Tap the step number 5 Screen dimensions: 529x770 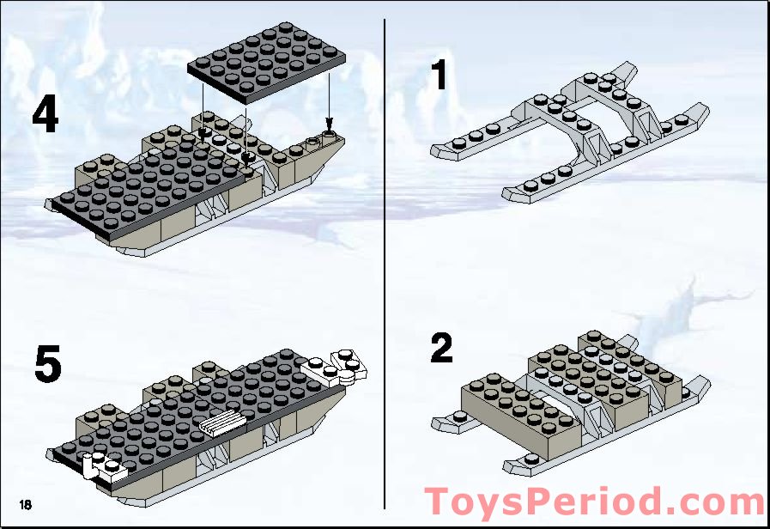click(x=47, y=364)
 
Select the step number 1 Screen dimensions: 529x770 click(x=440, y=75)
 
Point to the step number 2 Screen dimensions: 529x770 click(x=441, y=348)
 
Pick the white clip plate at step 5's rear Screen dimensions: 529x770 click(x=102, y=465)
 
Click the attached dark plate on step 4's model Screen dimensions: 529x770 click(x=146, y=185)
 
